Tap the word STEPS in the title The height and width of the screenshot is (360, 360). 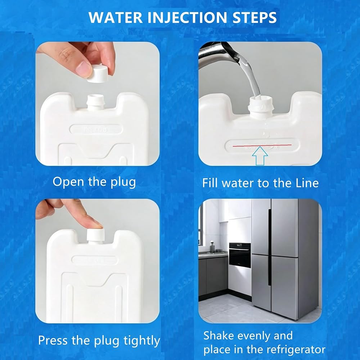[x=255, y=18]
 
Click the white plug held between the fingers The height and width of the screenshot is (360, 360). [x=98, y=74]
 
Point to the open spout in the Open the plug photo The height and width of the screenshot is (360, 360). [x=95, y=102]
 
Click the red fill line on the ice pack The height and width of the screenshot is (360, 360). [x=262, y=145]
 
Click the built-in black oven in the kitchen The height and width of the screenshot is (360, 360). [x=240, y=255]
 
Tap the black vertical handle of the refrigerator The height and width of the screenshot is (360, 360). [x=270, y=247]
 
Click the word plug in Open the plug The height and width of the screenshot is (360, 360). [x=123, y=183]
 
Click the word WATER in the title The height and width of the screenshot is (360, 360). [x=115, y=18]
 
